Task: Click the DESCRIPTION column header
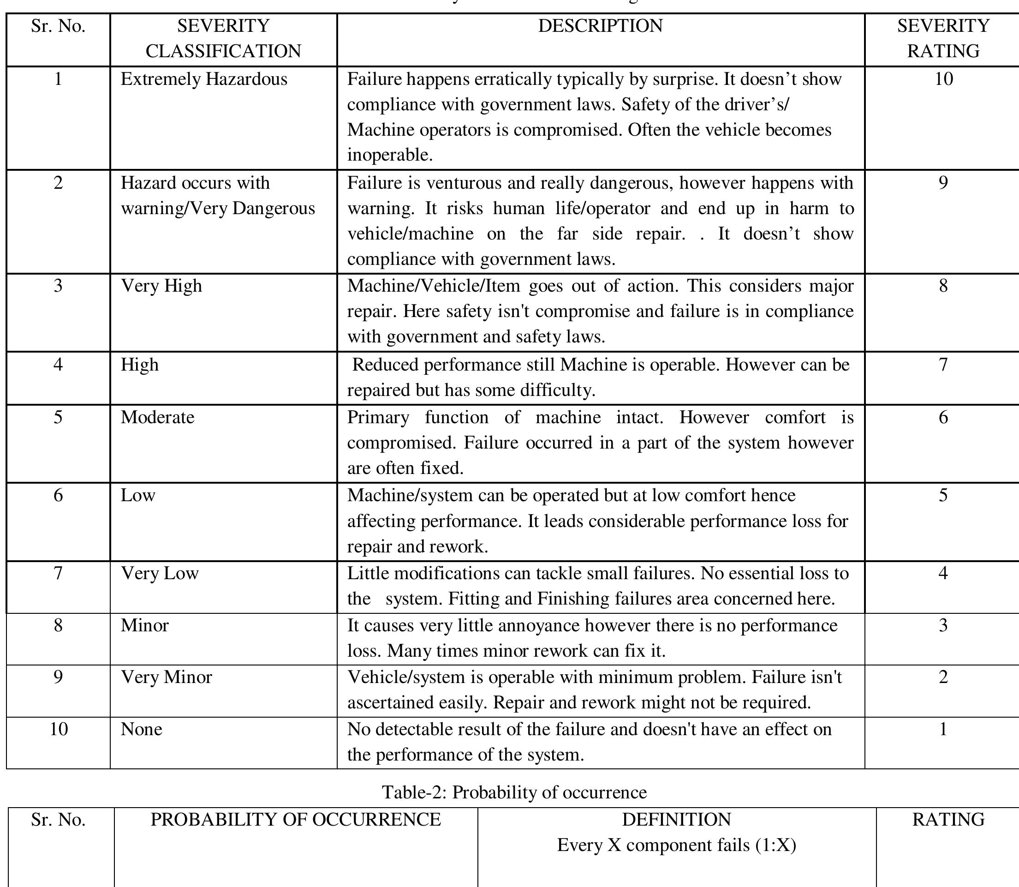pos(600,26)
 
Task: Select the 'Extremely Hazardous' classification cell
pos(204,79)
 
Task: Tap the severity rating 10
pos(943,79)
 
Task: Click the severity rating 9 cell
pos(943,183)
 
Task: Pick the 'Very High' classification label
pos(161,286)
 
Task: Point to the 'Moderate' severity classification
pos(157,417)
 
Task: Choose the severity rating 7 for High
pos(943,365)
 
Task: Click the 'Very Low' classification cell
pos(159,573)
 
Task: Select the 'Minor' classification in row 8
pos(144,626)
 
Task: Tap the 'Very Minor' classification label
pos(166,677)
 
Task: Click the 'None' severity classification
pos(141,729)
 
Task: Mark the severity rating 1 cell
pos(943,729)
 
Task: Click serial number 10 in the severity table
pos(59,729)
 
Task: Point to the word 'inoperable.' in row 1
pos(390,156)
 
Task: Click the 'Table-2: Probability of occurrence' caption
pos(514,792)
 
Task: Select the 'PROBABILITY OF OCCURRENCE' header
pos(295,820)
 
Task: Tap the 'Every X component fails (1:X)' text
pos(676,845)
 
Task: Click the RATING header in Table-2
pos(948,820)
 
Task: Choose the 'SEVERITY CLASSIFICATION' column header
pos(223,39)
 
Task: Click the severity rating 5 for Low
pos(943,496)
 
